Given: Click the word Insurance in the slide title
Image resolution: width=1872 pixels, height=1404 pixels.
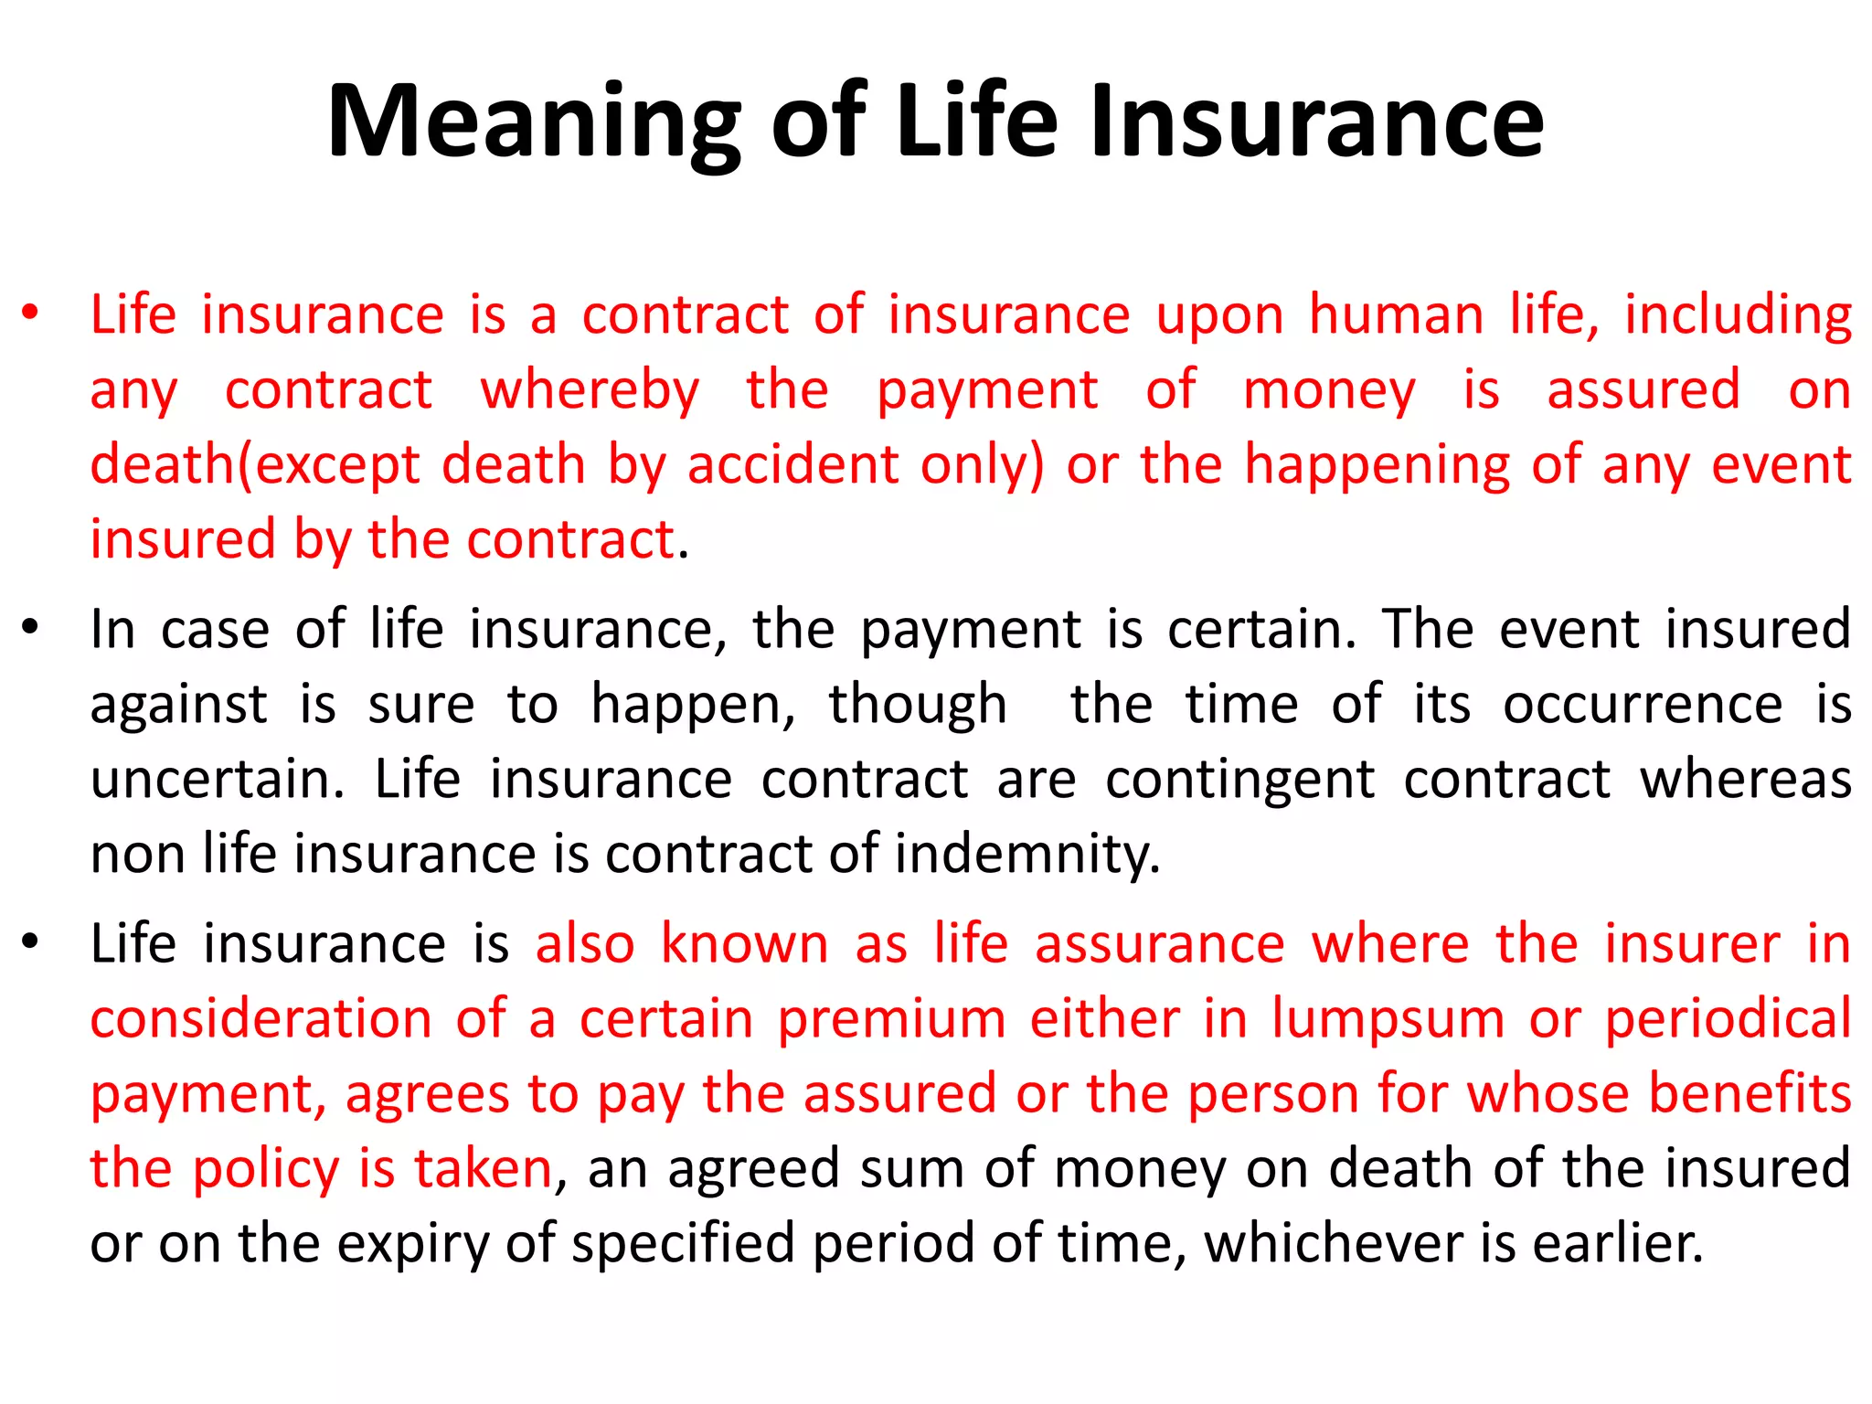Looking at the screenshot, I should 1316,122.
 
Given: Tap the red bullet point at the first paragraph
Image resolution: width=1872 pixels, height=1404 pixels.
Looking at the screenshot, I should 30,313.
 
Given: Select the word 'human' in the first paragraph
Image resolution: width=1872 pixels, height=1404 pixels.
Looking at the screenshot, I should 1396,315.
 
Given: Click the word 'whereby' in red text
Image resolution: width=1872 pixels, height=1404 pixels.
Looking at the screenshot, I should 590,390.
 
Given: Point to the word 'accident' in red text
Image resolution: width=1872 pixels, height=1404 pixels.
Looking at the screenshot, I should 793,464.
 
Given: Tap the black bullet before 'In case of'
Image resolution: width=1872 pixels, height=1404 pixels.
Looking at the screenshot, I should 30,628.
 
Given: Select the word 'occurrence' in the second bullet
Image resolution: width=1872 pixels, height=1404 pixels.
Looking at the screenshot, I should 1643,705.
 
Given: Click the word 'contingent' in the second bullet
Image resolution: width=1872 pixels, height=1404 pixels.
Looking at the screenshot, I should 1239,780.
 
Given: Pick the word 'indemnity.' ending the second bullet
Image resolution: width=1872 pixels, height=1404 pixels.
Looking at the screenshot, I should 1027,855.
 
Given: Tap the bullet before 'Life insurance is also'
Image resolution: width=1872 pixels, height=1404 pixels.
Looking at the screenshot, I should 30,942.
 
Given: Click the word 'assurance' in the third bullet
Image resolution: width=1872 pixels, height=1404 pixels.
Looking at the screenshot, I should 1160,944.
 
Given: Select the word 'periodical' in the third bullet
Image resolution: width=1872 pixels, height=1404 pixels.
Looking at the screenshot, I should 1728,1019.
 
